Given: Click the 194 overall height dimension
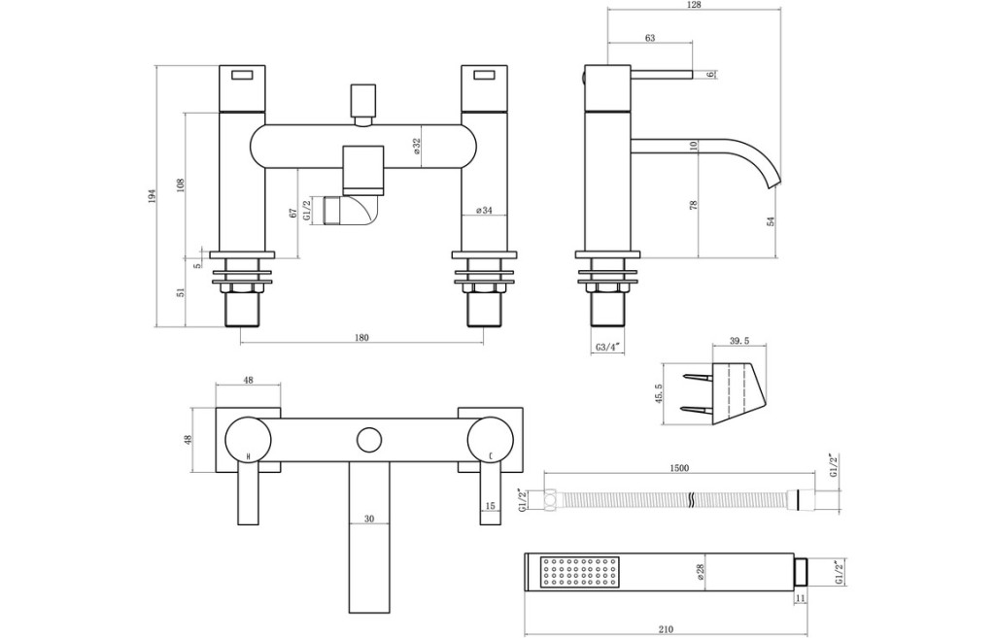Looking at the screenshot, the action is [x=152, y=196].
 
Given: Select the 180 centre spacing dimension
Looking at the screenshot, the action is [x=360, y=337].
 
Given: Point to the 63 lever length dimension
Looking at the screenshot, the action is [x=650, y=38].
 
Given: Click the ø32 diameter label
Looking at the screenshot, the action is [x=417, y=147].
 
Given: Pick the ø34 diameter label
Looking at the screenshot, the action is [x=484, y=210].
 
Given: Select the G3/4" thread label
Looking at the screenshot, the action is [x=607, y=348].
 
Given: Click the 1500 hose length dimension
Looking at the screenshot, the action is [x=679, y=468].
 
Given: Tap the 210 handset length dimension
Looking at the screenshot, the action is [x=665, y=629].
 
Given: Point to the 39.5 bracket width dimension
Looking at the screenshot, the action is [x=739, y=341].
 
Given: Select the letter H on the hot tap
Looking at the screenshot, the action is [x=248, y=456].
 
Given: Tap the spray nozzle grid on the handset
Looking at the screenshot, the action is [x=571, y=573].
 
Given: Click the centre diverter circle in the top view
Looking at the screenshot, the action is [x=369, y=440].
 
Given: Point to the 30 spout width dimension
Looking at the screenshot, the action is [x=369, y=519].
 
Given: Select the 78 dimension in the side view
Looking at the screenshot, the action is [x=694, y=205].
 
